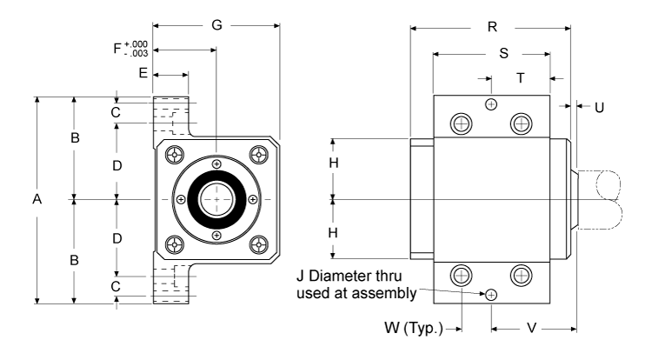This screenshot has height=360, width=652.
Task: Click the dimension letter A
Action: pos(37,200)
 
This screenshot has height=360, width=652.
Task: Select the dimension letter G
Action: pos(216,27)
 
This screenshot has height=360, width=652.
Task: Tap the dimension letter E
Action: pos(143,75)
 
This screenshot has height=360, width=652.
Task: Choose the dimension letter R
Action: pos(492,27)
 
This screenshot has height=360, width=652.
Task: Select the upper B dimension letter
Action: pos(76,138)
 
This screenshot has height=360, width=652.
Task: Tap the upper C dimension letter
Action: pos(116,113)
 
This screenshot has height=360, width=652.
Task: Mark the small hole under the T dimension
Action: pos(492,104)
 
